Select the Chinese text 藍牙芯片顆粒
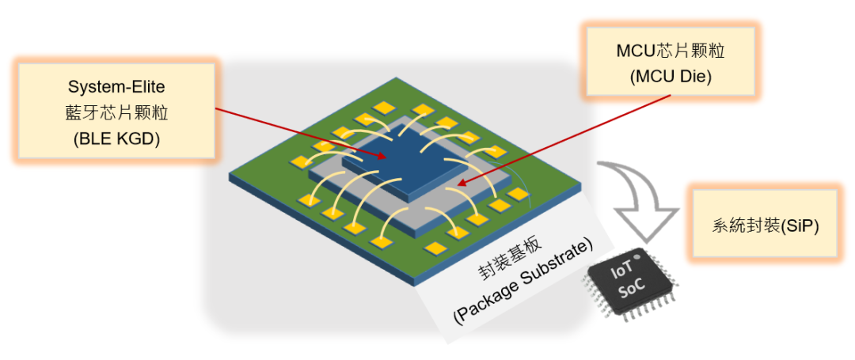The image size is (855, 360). click(x=116, y=113)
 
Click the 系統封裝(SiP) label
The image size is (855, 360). click(x=764, y=225)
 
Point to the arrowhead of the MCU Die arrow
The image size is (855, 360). click(x=460, y=187)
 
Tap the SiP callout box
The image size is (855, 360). click(x=764, y=225)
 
